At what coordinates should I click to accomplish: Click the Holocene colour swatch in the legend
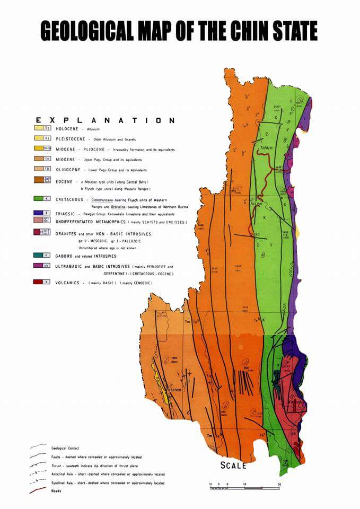pyautogui.click(x=47, y=128)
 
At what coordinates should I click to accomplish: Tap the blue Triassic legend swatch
pyautogui.click(x=47, y=212)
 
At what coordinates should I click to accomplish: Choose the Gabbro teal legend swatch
pyautogui.click(x=47, y=255)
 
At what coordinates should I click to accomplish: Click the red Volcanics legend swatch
pyautogui.click(x=47, y=282)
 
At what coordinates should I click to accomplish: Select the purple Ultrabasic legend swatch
pyautogui.click(x=47, y=265)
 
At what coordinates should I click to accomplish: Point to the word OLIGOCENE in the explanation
pyautogui.click(x=70, y=169)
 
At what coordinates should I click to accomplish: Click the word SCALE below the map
pyautogui.click(x=233, y=466)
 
